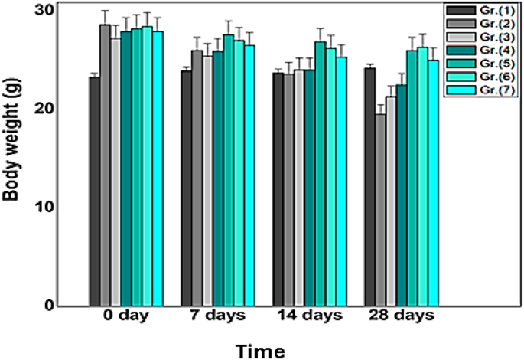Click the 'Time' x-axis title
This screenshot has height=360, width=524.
click(x=261, y=351)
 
